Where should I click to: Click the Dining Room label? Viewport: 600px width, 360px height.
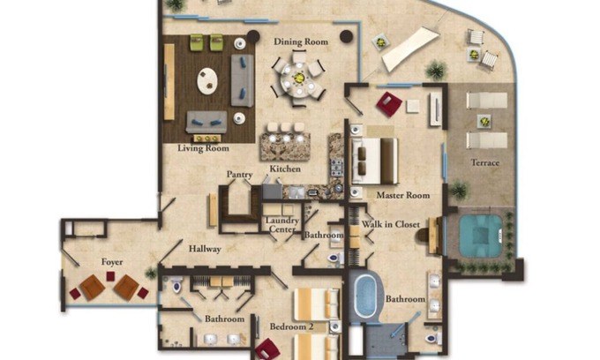coord(301,41)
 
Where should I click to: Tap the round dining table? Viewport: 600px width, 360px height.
coord(298,79)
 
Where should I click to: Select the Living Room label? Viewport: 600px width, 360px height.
coord(203,148)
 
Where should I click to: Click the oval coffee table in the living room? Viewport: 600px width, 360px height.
coord(207,80)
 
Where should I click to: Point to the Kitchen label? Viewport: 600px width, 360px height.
coord(285,169)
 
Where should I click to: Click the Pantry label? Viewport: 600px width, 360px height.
coord(239,175)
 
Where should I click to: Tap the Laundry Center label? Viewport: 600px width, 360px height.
coord(282,225)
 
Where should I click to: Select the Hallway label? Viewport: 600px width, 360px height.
coord(205,249)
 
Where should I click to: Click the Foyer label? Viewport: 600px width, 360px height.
coord(112,262)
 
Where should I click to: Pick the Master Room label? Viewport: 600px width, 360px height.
coord(403,195)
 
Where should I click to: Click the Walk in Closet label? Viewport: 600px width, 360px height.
coord(391,224)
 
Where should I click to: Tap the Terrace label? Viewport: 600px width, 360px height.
coord(484,162)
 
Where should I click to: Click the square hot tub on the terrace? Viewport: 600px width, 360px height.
coord(481,236)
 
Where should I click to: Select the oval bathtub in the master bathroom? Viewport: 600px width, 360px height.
coord(364,296)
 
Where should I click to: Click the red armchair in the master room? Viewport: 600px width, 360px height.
coord(389,104)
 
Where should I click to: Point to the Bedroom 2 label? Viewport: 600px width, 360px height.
coord(291,326)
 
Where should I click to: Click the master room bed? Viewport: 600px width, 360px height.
coord(375,161)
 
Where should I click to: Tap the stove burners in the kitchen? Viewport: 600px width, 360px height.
coord(337,168)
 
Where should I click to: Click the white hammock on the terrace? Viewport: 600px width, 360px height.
coord(410,49)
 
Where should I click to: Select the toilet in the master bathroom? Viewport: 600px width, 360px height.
coord(432,339)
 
